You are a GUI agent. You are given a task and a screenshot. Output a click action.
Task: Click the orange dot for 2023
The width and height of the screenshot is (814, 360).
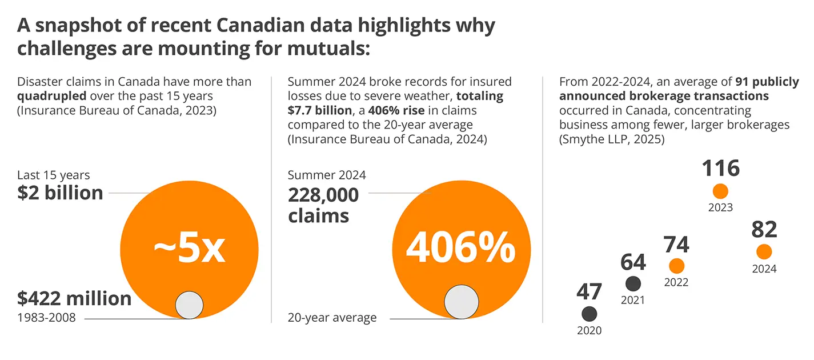(x=720, y=191)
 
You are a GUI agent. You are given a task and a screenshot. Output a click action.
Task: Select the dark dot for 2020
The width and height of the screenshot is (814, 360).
(x=589, y=314)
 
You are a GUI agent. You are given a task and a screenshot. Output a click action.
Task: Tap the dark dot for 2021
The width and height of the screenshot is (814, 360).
(x=633, y=283)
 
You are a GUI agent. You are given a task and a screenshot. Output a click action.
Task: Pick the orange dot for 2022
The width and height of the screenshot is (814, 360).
(x=676, y=266)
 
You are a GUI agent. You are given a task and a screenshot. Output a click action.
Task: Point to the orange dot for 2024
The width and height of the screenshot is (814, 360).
(x=764, y=252)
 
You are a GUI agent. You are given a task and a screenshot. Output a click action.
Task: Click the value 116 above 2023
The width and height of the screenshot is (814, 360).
(x=720, y=169)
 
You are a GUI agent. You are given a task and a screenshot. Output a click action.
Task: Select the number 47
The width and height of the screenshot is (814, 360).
(x=589, y=291)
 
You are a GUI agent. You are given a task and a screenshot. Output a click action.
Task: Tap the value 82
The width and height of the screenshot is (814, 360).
(x=764, y=230)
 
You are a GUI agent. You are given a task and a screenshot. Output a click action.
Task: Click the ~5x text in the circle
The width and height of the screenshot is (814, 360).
(x=190, y=249)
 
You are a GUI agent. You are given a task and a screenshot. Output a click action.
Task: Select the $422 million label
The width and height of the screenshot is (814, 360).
(x=74, y=298)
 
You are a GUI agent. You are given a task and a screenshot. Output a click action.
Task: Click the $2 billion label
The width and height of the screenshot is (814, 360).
(x=60, y=193)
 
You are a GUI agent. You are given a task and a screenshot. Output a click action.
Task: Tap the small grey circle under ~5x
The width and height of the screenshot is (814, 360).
(x=189, y=305)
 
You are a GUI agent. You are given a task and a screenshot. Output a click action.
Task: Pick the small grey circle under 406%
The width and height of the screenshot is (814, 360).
(x=461, y=302)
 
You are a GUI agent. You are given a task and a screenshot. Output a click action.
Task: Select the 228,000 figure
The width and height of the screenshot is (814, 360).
(x=323, y=195)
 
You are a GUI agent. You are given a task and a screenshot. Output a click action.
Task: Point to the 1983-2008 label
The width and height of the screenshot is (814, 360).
(x=46, y=318)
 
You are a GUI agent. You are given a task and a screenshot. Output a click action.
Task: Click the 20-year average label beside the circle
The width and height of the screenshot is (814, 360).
(x=332, y=318)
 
